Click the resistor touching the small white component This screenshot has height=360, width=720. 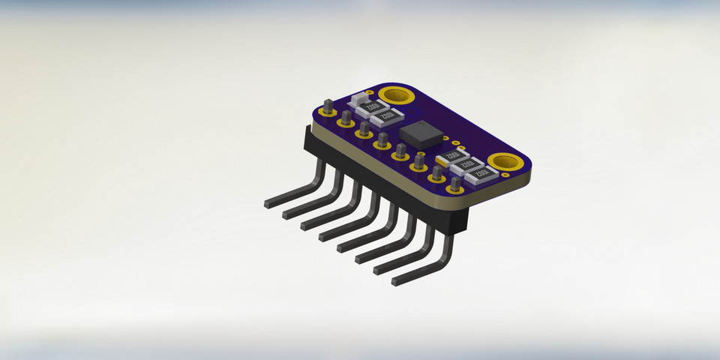(375, 107)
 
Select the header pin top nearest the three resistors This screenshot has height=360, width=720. (455, 182)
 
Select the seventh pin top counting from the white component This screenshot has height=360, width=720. (436, 171)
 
